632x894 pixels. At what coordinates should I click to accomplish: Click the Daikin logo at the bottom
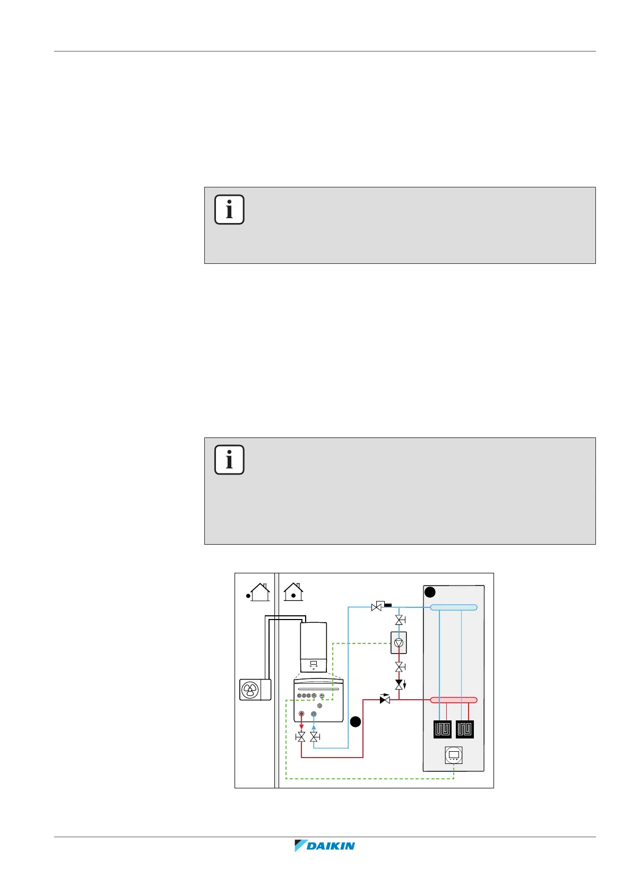point(324,846)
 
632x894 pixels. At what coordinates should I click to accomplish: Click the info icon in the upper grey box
point(229,210)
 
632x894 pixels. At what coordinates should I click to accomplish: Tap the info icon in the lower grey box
point(229,460)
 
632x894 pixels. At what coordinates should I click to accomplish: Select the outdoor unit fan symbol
point(250,690)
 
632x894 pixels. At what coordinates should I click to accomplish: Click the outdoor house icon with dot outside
point(258,592)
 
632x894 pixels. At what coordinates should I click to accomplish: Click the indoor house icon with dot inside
point(293,592)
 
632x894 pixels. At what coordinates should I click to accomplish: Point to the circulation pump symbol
point(399,643)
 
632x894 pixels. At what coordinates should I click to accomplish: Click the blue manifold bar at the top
point(453,607)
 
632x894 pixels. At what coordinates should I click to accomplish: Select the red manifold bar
point(453,700)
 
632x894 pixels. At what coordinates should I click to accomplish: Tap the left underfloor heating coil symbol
point(443,729)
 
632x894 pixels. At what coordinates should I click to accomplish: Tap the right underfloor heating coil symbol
point(465,729)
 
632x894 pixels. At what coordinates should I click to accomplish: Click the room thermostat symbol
point(454,755)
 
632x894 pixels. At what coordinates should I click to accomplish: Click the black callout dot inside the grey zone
point(430,592)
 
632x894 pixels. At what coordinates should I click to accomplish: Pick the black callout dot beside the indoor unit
point(356,721)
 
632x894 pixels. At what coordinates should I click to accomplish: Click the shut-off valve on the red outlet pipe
point(301,737)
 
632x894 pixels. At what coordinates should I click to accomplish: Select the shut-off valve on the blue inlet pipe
point(314,737)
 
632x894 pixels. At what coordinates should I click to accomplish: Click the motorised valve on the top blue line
point(378,606)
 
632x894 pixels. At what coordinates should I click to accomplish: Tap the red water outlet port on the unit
point(301,715)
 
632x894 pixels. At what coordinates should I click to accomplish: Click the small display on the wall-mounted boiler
point(314,664)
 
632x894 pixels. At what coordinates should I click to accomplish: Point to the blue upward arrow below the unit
point(314,727)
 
